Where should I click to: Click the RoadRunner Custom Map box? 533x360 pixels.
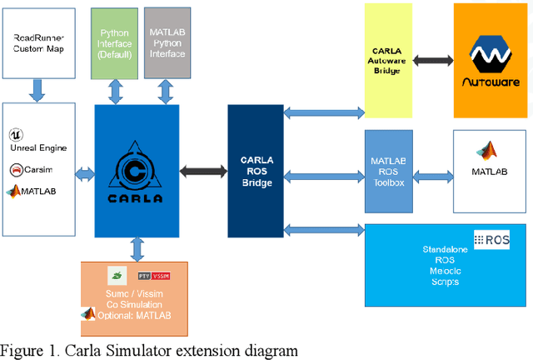[x=39, y=42]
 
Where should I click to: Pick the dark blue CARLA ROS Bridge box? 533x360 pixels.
[x=256, y=171]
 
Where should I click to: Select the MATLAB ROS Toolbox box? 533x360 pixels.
[x=389, y=171]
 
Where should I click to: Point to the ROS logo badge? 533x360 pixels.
[x=491, y=239]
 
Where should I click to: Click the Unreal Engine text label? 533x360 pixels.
[x=39, y=147]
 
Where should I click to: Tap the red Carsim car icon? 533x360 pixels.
[x=16, y=170]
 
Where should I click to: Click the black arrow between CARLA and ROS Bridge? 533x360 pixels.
[x=203, y=171]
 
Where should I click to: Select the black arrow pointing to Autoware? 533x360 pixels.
[x=432, y=60]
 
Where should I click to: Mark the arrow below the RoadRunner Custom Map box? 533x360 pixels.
[x=39, y=89]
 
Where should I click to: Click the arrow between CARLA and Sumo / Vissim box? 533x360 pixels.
[x=136, y=249]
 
